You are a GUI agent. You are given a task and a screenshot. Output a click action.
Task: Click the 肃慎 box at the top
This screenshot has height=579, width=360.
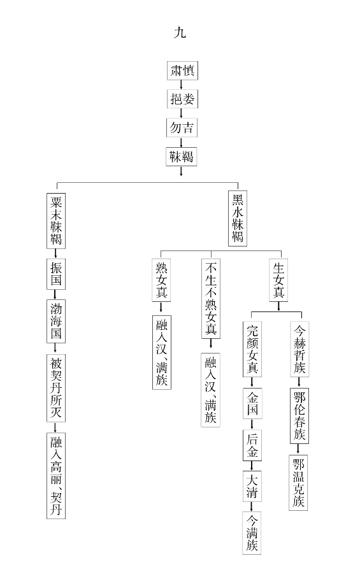click(x=182, y=71)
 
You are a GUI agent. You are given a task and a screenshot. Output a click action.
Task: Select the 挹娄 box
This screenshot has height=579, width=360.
click(x=182, y=99)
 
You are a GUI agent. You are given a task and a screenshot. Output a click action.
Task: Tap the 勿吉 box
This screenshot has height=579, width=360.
click(x=182, y=128)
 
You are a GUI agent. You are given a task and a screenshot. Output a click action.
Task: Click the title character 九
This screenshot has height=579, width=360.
click(x=180, y=33)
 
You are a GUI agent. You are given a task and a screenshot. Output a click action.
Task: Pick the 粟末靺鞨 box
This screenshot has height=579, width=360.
click(x=56, y=220)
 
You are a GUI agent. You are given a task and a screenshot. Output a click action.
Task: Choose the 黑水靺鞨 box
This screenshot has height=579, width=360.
click(x=238, y=218)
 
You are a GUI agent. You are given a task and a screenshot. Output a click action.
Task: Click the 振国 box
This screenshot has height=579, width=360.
click(x=56, y=274)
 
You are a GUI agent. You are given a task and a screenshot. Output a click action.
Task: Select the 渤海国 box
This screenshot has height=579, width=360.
click(x=56, y=321)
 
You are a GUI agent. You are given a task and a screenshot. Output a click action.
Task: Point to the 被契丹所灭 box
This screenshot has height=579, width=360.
click(x=56, y=388)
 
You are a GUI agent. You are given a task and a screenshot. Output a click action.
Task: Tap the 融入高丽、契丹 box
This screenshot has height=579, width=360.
click(x=56, y=476)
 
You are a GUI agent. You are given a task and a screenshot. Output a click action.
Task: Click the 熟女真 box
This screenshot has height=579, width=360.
click(x=161, y=280)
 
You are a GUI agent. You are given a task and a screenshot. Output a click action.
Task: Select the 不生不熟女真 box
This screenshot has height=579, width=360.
click(x=211, y=298)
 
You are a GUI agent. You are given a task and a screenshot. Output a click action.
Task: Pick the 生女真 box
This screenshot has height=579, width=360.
click(x=278, y=280)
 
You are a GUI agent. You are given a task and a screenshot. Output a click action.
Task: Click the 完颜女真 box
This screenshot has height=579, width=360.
click(x=252, y=349)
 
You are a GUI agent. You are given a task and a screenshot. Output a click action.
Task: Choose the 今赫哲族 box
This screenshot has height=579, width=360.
click(x=299, y=348)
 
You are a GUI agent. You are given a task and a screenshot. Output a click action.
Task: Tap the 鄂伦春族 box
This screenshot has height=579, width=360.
click(x=299, y=415)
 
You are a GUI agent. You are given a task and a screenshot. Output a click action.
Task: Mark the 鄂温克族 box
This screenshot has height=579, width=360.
click(x=298, y=483)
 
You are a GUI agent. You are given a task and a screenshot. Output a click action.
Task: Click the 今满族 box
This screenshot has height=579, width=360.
click(x=252, y=533)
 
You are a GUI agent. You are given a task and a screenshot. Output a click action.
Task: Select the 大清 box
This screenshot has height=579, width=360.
click(x=252, y=486)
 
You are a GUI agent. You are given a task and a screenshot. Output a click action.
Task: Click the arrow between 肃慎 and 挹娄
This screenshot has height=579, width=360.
click(x=181, y=85)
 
